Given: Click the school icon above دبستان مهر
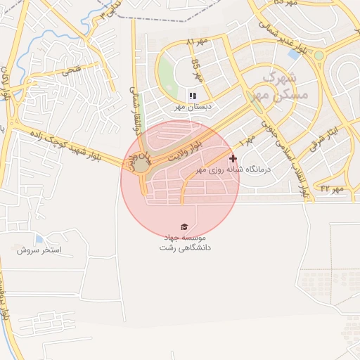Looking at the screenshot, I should [193, 96].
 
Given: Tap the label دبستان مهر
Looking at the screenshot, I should [193, 108].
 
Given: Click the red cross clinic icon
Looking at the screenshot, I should [233, 159].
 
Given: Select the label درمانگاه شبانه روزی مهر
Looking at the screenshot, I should [198, 169].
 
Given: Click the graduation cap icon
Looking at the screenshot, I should [184, 226].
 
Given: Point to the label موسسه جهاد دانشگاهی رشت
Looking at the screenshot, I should [185, 243].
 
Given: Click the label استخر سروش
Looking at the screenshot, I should [39, 250].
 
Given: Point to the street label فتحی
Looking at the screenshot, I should [71, 70].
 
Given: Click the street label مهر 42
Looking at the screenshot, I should [330, 188].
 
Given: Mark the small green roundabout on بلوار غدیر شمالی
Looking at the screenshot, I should [319, 55].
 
